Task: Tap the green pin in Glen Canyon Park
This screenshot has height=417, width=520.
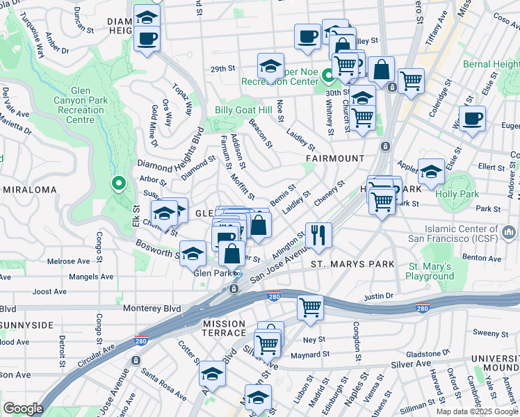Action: coord(118,184)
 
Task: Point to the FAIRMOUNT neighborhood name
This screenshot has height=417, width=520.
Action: coord(335,158)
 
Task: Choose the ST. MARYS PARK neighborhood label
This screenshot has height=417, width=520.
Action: coord(352,264)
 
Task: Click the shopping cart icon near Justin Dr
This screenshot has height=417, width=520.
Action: coord(310,306)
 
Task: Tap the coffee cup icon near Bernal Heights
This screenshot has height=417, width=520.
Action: coord(472,117)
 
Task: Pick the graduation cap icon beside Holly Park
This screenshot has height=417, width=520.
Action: coord(431,172)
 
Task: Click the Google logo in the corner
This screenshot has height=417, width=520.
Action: coord(23,408)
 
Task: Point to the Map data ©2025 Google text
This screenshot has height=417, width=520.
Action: coord(477,411)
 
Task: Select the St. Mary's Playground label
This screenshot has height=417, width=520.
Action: coord(431,271)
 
